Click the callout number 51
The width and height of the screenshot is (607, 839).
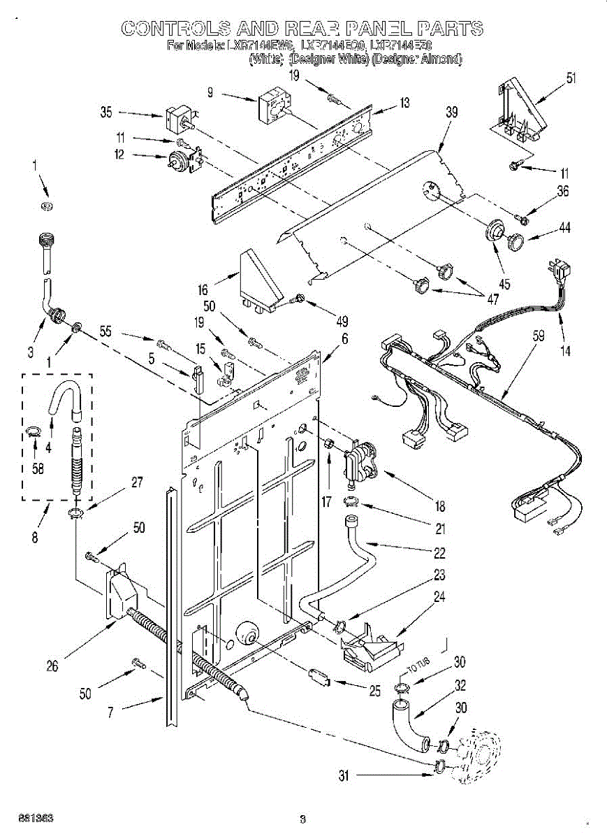click(571, 78)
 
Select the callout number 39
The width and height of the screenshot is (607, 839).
click(452, 112)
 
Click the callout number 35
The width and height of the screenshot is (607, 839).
click(106, 112)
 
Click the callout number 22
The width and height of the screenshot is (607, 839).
click(439, 553)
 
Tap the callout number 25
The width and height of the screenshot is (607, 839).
click(374, 691)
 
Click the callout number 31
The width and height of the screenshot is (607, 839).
click(344, 775)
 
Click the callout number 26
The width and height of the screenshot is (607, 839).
click(52, 666)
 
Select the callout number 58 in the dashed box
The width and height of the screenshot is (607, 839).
click(38, 469)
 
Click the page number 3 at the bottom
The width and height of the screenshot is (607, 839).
click(302, 818)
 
